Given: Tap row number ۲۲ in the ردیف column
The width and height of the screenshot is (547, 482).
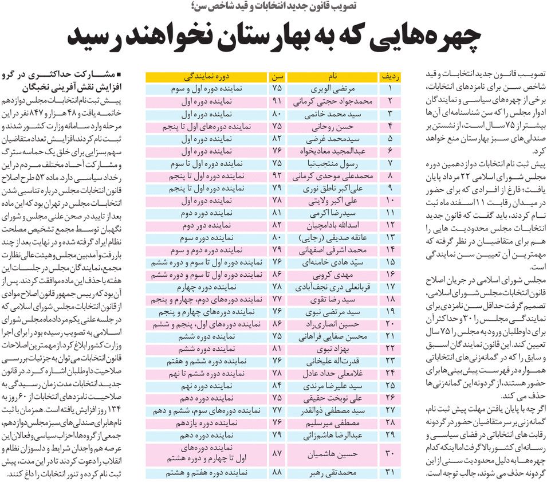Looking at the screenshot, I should point(390,348).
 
